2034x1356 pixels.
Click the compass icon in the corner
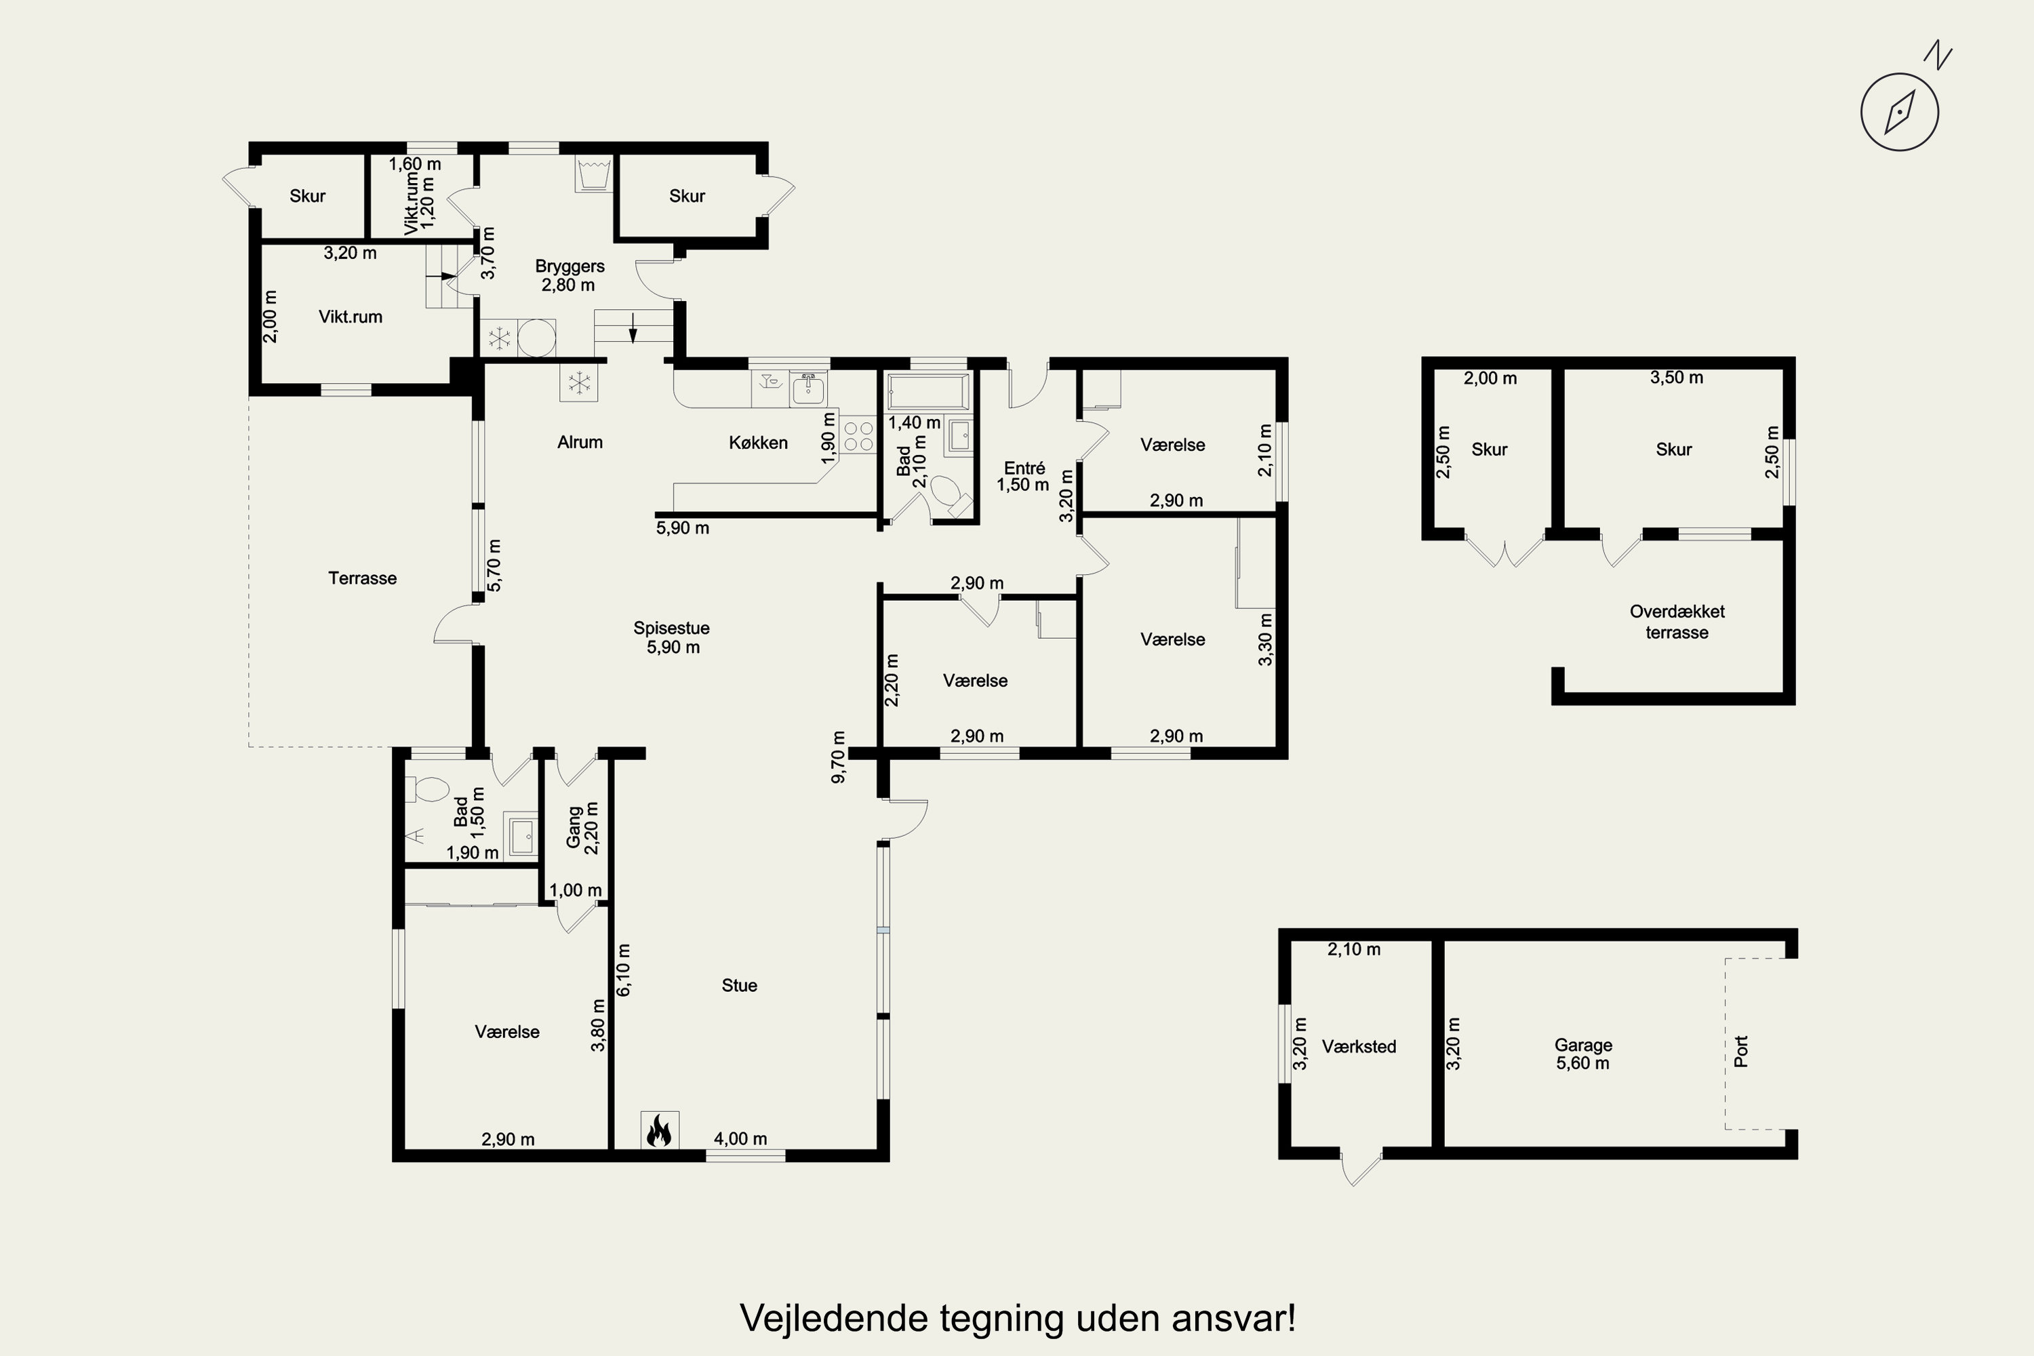click(1900, 113)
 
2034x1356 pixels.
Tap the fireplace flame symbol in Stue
click(659, 1130)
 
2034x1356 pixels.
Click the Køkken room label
click(759, 443)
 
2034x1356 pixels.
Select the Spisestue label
click(671, 629)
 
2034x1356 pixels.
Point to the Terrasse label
click(362, 578)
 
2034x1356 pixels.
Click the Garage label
click(1583, 1045)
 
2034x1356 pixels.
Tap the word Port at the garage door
click(1741, 1052)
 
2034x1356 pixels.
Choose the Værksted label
click(1359, 1046)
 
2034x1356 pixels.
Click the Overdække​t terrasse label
click(1677, 622)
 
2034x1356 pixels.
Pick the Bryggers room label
click(570, 266)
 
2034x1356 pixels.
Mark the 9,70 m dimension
click(838, 757)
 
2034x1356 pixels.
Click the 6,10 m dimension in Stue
click(624, 970)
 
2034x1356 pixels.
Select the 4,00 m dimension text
click(740, 1139)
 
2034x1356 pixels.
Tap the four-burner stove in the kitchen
click(858, 436)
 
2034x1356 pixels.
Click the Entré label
click(1024, 468)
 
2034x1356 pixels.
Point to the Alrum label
click(580, 442)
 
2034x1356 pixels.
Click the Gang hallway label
click(574, 829)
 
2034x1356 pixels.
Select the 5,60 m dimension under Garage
click(1582, 1064)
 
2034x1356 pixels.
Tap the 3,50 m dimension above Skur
click(1677, 378)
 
